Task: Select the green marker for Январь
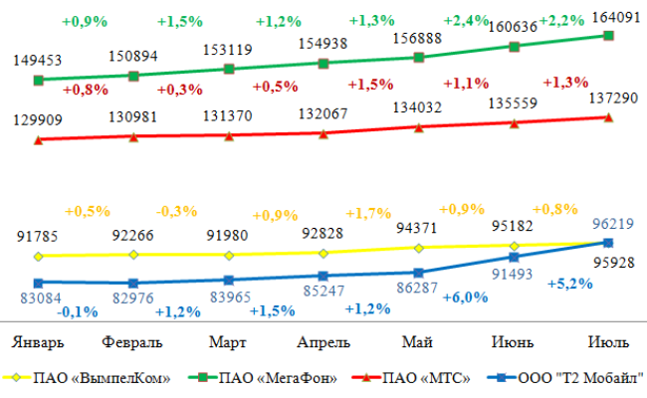(x=38, y=80)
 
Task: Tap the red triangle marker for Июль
(x=608, y=117)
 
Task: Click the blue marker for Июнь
(x=514, y=258)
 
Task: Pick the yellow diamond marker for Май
(x=419, y=248)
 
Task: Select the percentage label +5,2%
(x=570, y=283)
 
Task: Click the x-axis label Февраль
(x=133, y=342)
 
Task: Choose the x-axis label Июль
(x=607, y=342)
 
